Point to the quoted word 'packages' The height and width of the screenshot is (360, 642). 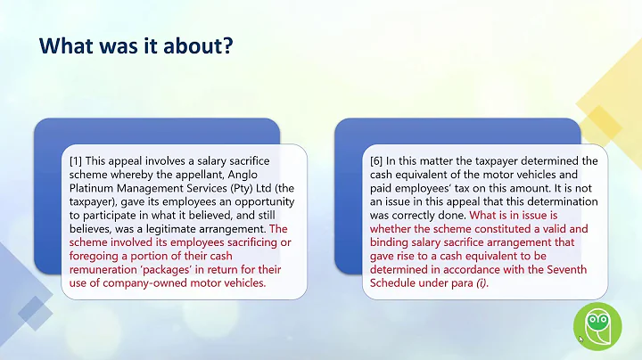tap(175, 274)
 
